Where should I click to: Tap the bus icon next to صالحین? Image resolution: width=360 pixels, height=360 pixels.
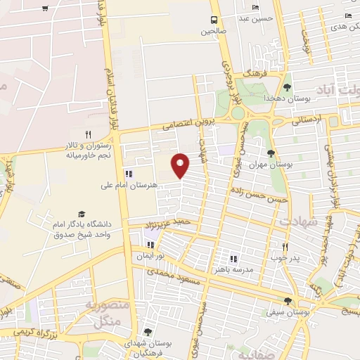(x=214, y=20)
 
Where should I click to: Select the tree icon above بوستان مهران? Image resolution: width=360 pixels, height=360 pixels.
(x=272, y=153)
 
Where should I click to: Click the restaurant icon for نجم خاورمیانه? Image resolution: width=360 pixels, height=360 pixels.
(x=88, y=134)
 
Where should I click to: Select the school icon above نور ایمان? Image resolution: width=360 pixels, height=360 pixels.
(x=150, y=245)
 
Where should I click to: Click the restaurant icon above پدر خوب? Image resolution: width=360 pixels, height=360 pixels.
(x=285, y=247)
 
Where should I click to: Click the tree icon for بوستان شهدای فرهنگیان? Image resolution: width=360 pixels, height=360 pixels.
(x=147, y=331)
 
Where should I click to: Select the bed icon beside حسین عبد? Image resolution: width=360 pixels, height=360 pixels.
(x=255, y=8)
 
